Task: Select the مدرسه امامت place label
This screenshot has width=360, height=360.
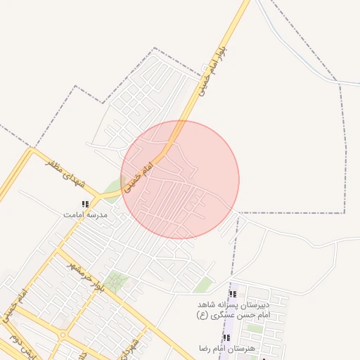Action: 86,214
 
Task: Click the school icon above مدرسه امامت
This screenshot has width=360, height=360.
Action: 86,204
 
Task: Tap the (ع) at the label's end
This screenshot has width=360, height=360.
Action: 203,316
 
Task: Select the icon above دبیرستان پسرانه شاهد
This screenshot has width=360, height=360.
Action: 233,295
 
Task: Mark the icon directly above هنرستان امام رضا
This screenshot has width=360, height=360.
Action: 226,338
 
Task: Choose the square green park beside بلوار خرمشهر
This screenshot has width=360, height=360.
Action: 117,281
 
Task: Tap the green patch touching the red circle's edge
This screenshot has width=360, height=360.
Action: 112,188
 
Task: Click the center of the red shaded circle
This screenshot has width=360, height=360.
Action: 180,179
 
